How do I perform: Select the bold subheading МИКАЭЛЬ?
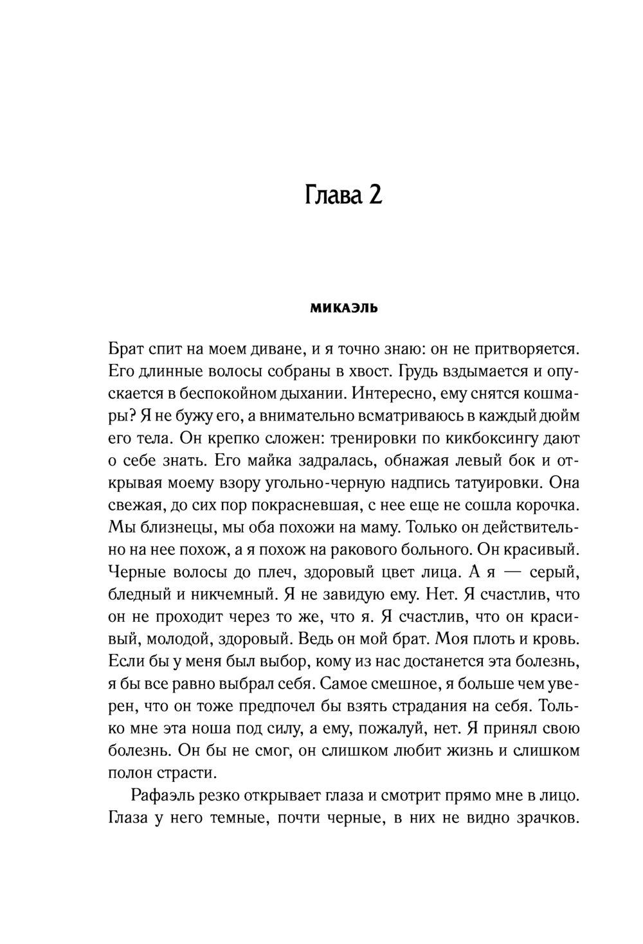(x=344, y=309)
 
